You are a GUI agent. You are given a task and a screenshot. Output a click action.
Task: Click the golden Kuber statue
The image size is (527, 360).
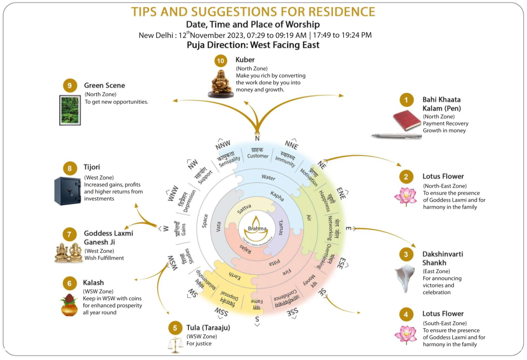220,82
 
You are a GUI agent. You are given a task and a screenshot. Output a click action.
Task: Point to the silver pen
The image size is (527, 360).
396,136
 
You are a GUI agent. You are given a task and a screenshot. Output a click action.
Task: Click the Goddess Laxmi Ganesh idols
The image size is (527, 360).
69,252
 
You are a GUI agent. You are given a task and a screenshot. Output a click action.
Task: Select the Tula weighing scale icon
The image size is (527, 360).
175,344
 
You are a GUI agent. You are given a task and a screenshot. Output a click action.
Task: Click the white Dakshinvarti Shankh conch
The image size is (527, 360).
405,278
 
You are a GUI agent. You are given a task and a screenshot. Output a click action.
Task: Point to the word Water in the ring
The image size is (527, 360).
268,177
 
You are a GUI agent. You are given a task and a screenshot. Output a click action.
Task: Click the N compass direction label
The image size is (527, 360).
257,138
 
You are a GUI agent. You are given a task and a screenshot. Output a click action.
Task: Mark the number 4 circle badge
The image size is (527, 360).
406,314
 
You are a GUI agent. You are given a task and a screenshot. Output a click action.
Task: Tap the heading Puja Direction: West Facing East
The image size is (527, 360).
253,45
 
